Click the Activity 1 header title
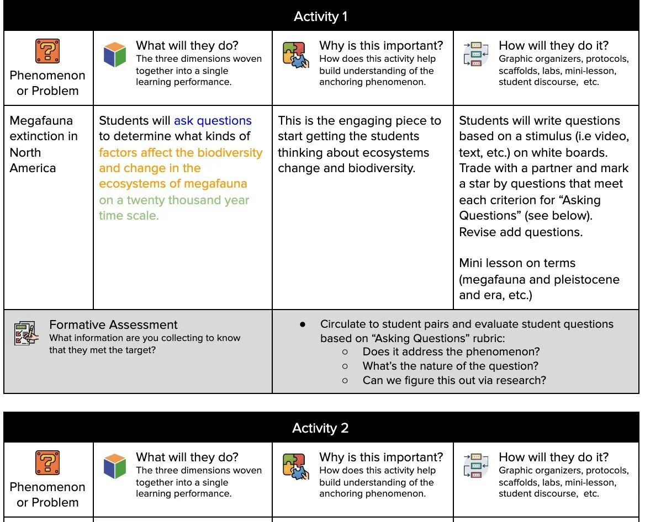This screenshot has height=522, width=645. (320, 17)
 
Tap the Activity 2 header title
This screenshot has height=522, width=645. (320, 428)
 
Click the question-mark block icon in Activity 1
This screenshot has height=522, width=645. (47, 52)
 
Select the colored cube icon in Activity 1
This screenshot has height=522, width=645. (115, 54)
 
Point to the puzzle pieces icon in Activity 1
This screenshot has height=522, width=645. (294, 55)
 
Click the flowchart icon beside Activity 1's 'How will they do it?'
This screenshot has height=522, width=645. (476, 54)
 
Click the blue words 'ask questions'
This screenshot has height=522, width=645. (213, 121)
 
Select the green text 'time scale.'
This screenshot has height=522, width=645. (129, 216)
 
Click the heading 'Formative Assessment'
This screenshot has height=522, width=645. (113, 324)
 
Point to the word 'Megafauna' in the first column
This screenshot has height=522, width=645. (41, 121)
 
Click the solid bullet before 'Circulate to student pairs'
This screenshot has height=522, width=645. (303, 324)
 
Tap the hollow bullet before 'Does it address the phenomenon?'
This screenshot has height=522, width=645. (345, 352)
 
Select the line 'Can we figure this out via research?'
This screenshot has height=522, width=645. (454, 380)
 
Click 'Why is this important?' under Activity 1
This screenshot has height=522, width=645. (381, 45)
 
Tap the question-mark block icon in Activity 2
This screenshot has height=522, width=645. (47, 464)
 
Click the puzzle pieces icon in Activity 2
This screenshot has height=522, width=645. (294, 466)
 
